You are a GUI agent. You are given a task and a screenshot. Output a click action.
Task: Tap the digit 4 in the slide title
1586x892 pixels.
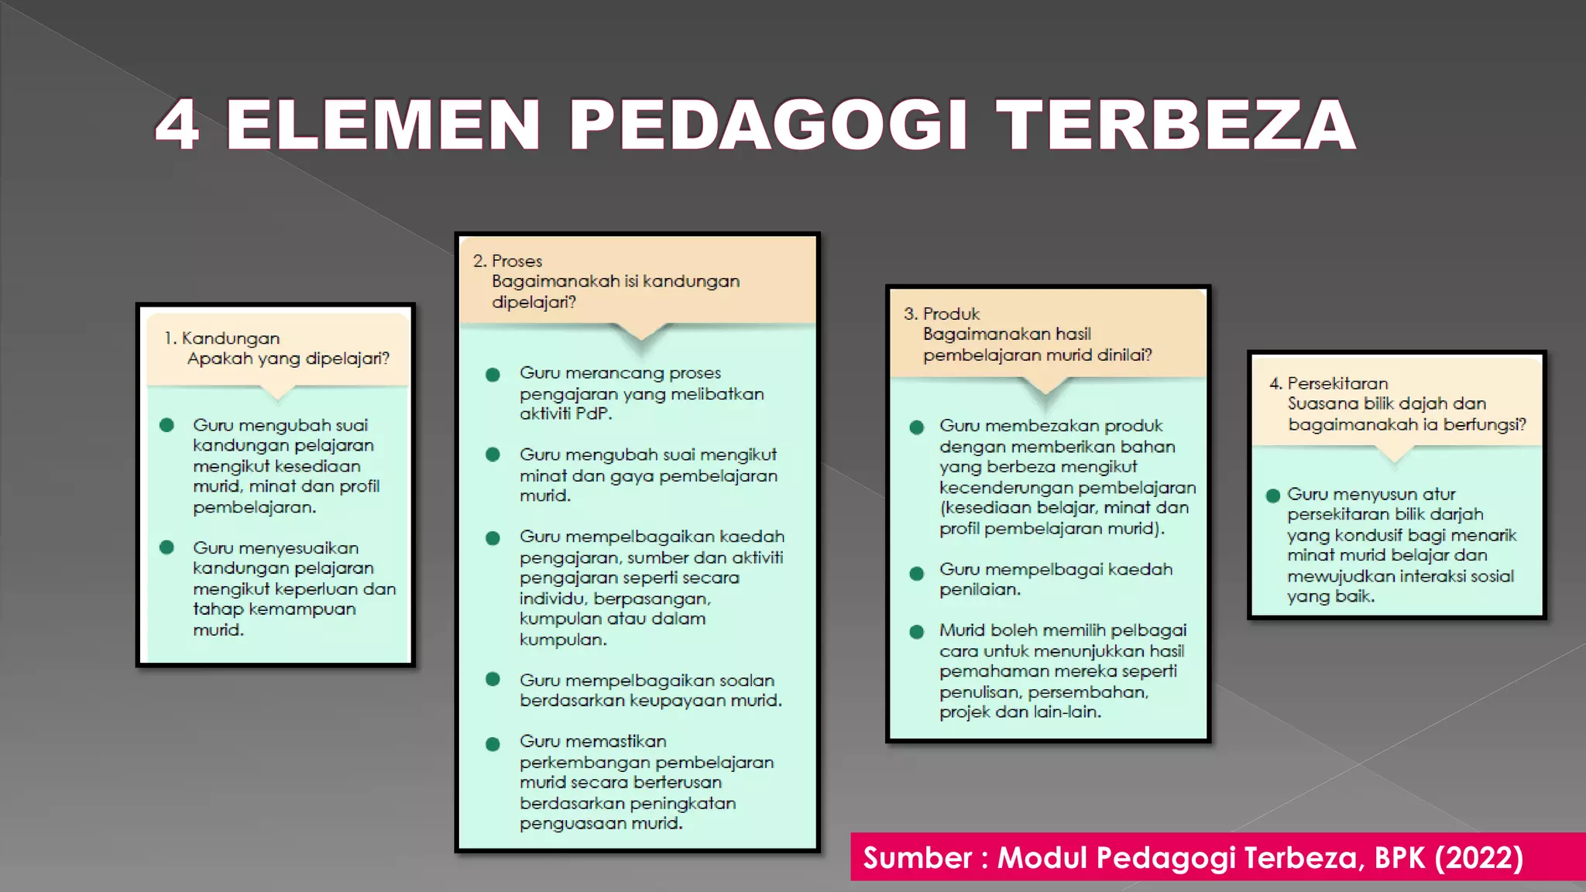pos(177,125)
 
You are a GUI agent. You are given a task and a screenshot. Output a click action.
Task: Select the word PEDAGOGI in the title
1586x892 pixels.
pos(768,125)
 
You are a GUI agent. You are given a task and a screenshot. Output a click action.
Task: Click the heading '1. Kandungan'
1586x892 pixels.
pos(221,338)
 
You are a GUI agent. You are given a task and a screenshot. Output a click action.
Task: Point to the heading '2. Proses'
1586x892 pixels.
pos(508,261)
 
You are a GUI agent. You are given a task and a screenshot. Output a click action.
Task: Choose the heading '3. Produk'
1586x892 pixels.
pos(942,314)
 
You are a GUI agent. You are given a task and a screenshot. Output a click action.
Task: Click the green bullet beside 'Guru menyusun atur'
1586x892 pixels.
pos(1272,496)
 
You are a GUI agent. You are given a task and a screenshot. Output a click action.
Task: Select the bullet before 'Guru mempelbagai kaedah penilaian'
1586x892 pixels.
pos(917,574)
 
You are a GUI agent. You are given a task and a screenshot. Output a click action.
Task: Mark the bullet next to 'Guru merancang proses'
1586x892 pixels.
pos(493,375)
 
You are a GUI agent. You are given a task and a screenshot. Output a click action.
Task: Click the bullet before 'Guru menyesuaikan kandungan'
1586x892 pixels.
pos(166,547)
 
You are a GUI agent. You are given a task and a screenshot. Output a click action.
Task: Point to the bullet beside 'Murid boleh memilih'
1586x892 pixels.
pos(917,632)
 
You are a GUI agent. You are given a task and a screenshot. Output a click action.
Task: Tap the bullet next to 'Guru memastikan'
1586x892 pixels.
pos(493,744)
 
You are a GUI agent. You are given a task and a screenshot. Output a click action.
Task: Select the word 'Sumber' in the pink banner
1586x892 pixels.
pos(918,858)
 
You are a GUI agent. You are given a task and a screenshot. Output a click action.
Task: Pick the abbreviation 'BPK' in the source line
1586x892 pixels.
pos(1399,858)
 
